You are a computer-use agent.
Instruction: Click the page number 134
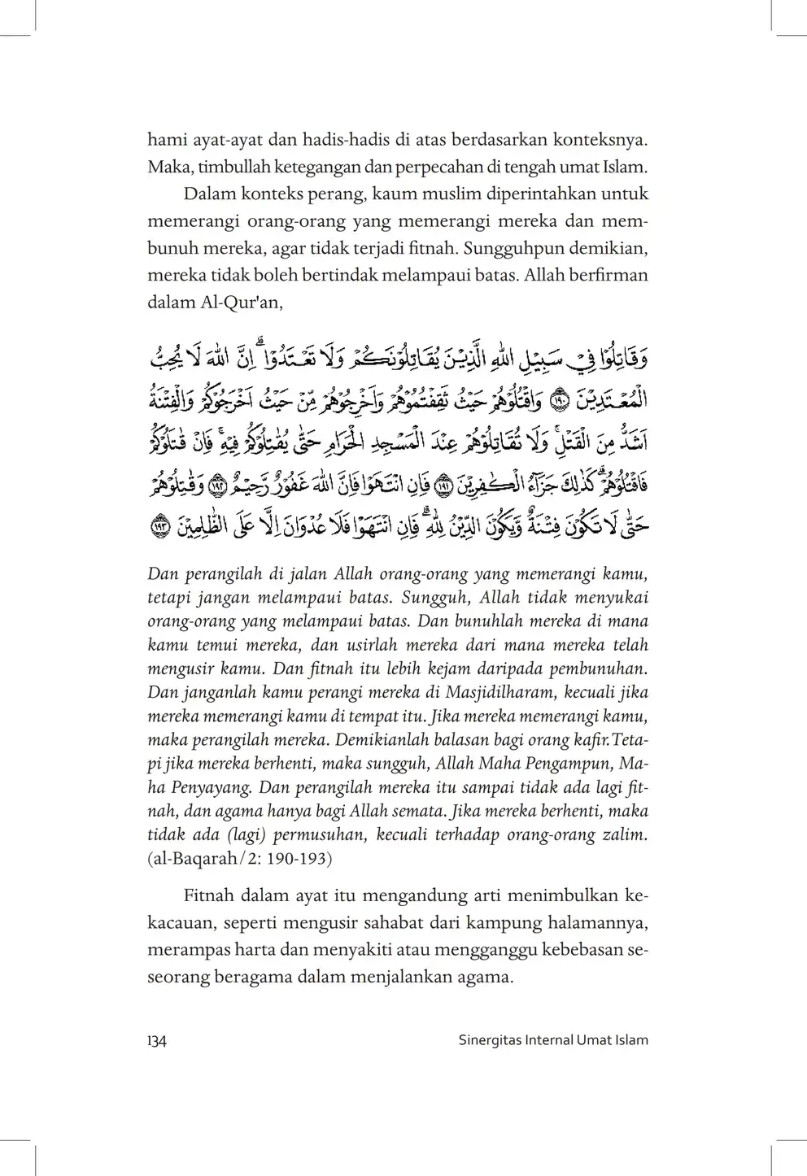click(157, 1040)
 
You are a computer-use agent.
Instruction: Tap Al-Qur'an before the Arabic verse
click(243, 302)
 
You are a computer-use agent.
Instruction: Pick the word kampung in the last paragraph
click(478, 923)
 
